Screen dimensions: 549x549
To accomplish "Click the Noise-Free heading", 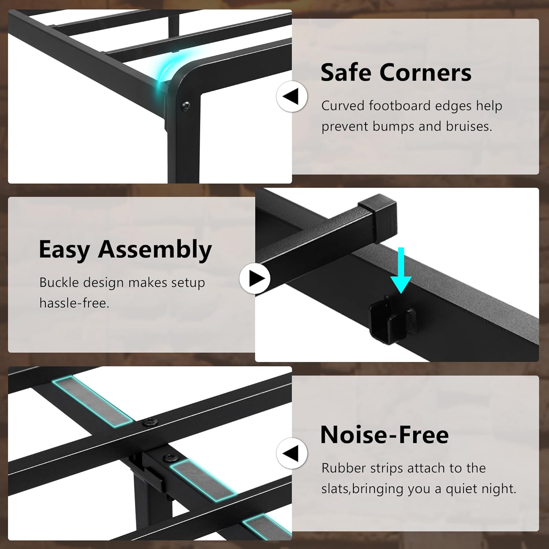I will (x=384, y=435).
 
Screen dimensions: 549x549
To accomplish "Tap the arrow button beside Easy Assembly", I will (x=255, y=278).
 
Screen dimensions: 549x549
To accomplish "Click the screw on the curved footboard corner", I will (x=186, y=106).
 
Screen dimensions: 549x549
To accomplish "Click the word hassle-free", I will (x=74, y=303).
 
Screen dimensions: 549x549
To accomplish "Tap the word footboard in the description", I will (x=399, y=106).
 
